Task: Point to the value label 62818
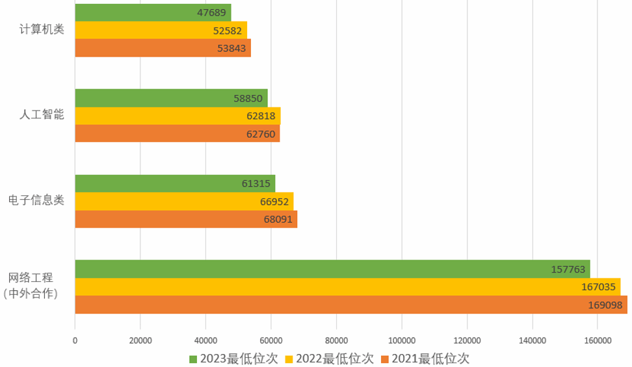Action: pos(263,116)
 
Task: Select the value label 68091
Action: pos(278,219)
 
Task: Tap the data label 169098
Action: pos(605,305)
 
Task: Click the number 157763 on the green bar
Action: pos(569,269)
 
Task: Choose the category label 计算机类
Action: pos(42,29)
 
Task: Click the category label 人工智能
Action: pos(42,115)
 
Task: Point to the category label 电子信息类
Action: pos(36,200)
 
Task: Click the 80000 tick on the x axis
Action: pos(336,340)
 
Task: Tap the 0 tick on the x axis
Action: pos(75,340)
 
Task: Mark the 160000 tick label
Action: pos(598,340)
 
